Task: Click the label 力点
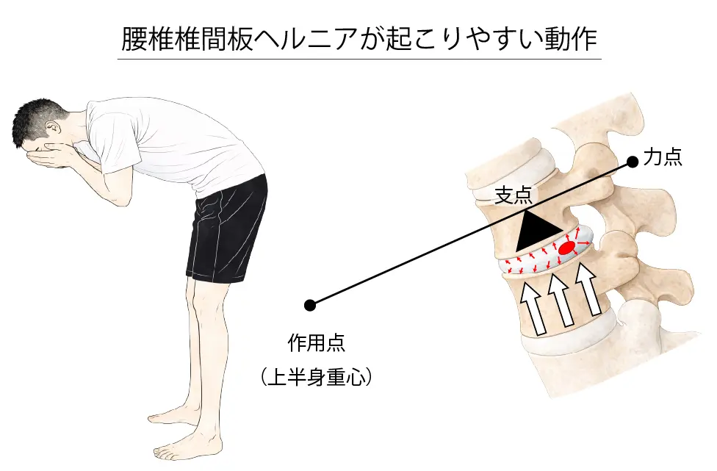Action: (663, 157)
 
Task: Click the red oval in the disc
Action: (566, 249)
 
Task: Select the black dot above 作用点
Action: (310, 304)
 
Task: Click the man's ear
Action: (52, 131)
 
